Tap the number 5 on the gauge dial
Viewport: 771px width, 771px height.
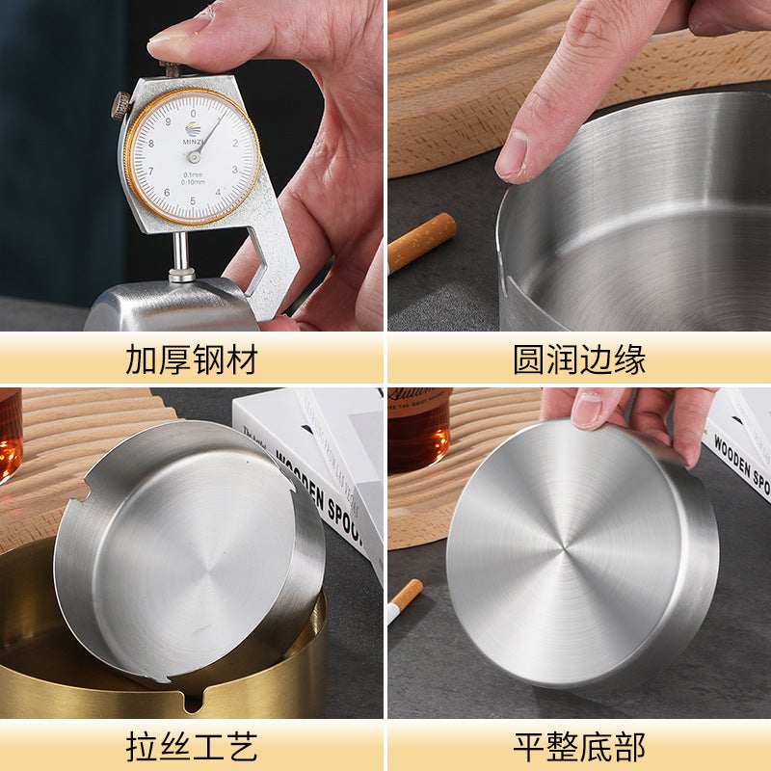[x=194, y=200]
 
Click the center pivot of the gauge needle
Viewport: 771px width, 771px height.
[x=194, y=156]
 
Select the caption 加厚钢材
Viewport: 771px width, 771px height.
[x=192, y=359]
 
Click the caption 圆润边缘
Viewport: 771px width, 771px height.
[x=578, y=359]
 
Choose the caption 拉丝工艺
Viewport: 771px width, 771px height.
[x=192, y=746]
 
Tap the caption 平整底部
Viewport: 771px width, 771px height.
[x=578, y=746]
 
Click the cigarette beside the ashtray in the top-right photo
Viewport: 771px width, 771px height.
[x=421, y=241]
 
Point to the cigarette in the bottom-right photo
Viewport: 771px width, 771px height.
[x=405, y=600]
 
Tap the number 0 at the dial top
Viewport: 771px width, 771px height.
[x=194, y=113]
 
